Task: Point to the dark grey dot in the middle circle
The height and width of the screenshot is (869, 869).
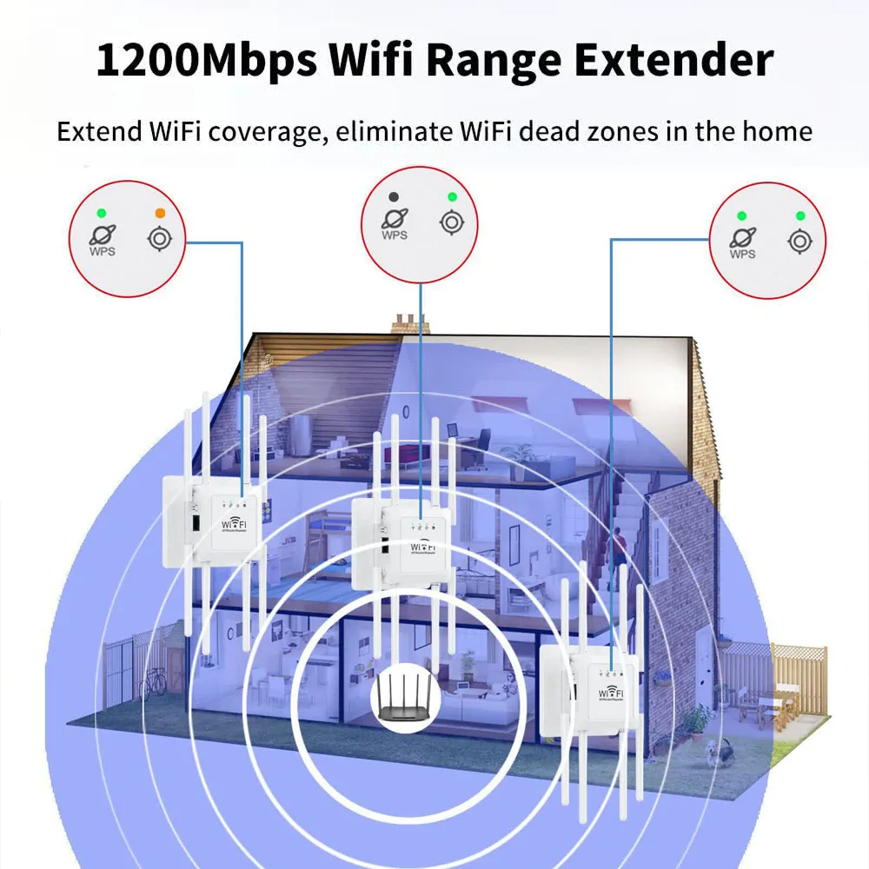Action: coord(394,197)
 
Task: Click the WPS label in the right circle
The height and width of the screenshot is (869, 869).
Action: coord(742,255)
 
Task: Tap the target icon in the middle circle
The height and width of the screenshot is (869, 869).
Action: coord(450,222)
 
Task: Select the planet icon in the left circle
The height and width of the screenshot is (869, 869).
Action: coord(103,235)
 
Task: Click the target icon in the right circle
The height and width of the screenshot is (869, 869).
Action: coord(799,241)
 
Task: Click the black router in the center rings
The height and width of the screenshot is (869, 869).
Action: coord(406,699)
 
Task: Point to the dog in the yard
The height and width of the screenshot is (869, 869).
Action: coord(719,750)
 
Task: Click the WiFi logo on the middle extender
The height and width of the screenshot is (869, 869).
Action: coord(423,547)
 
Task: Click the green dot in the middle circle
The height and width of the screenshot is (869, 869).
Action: coord(451,197)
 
